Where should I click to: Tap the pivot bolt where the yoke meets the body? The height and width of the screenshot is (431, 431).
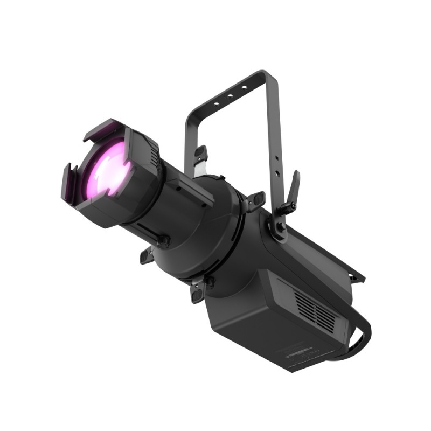tap(281, 226)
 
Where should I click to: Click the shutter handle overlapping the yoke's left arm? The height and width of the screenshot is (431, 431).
tap(200, 155)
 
